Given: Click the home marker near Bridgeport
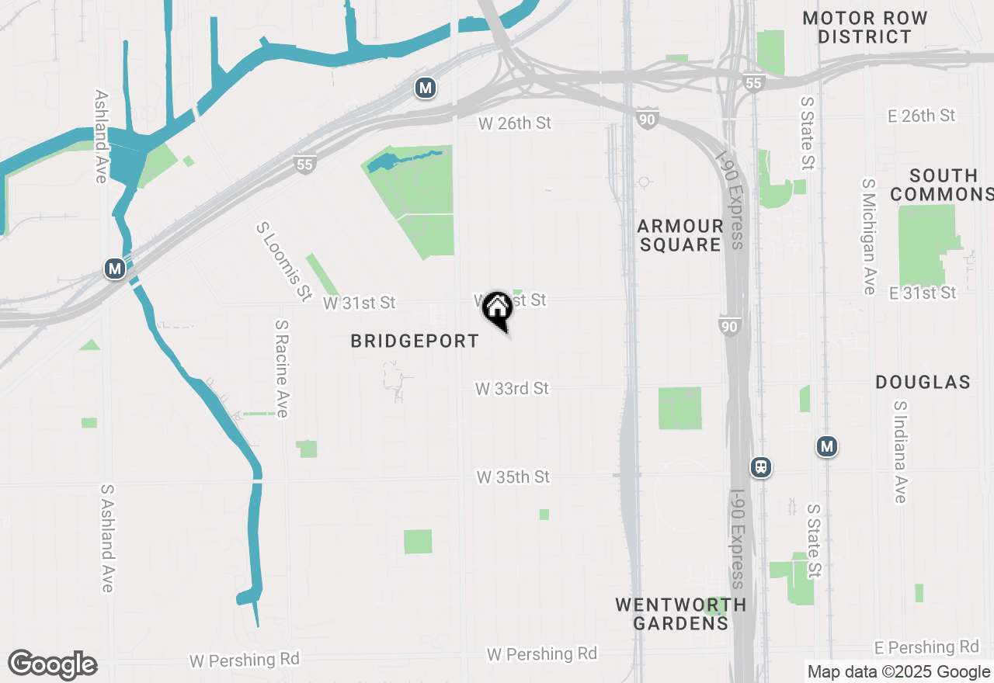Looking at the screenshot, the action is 497,309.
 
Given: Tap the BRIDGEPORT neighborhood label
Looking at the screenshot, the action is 415,341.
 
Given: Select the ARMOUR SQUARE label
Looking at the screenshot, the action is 680,235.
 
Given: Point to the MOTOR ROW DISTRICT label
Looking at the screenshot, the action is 865,27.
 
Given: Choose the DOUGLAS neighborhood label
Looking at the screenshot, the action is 923,382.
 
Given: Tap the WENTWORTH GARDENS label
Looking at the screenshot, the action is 681,613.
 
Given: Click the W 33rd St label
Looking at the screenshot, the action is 513,388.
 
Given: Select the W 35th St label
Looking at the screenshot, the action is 513,477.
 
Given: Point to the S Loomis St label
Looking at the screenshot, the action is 283,262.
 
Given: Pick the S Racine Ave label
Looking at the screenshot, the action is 282,369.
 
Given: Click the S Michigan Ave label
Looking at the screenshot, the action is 868,237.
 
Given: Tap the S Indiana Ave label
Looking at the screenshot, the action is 900,452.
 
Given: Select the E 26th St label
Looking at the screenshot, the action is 922,116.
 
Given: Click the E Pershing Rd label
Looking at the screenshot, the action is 926,647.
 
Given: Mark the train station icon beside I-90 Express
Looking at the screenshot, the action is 761,467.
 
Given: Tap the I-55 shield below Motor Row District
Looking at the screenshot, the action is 753,82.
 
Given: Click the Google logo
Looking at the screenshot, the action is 53,664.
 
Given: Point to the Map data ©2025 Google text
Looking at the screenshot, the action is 898,672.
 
